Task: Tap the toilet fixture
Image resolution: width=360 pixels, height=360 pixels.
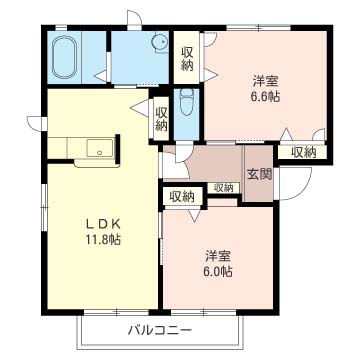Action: point(186,102)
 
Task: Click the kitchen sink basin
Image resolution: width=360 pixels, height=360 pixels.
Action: point(100,148)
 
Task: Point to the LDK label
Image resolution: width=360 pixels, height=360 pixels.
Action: point(103,225)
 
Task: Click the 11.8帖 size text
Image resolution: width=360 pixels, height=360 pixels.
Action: point(103,239)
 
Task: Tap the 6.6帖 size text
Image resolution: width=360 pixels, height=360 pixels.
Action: point(265,96)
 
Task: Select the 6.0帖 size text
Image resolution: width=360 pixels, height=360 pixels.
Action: point(218,272)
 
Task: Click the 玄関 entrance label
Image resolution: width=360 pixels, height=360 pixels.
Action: point(259,174)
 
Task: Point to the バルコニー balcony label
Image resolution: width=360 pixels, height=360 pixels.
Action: point(160,331)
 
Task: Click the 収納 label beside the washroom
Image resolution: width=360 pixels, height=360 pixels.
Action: point(187,59)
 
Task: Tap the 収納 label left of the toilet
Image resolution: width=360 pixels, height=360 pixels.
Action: point(161,119)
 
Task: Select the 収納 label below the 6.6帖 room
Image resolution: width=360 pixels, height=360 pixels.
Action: point(303,152)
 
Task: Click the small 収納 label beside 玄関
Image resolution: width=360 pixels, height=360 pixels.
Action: point(223,188)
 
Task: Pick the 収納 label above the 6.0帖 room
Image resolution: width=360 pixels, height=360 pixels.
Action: point(182,197)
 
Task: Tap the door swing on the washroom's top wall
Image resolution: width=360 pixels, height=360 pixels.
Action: point(134,17)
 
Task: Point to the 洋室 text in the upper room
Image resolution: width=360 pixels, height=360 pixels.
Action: point(265,81)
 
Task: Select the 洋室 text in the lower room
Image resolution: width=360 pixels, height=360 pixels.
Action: point(218,257)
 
